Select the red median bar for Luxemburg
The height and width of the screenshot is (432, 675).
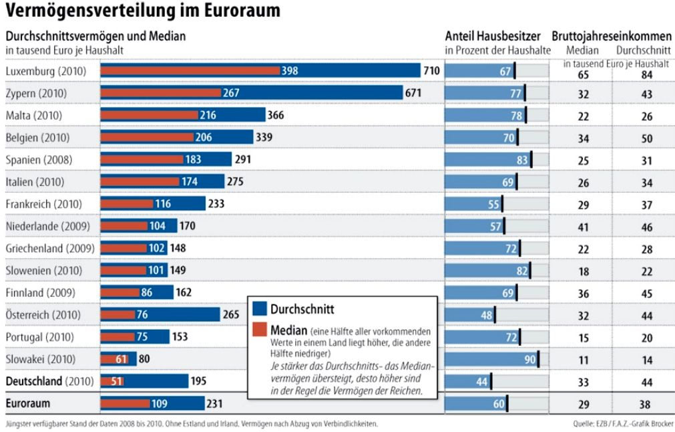(x=190, y=71)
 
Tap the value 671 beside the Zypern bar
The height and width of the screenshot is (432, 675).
(x=413, y=93)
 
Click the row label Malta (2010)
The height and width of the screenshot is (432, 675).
(x=34, y=115)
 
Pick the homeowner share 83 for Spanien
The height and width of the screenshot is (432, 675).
(x=521, y=159)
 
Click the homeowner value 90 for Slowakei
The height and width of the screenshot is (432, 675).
(x=530, y=359)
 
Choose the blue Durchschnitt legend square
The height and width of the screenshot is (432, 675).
(x=260, y=308)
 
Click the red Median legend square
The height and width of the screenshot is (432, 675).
(x=260, y=330)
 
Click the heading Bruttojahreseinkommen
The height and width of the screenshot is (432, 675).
(x=610, y=36)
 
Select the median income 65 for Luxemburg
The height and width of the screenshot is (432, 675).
(x=584, y=74)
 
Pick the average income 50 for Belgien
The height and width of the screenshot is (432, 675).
(x=645, y=138)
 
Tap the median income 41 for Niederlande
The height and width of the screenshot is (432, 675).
(x=584, y=226)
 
